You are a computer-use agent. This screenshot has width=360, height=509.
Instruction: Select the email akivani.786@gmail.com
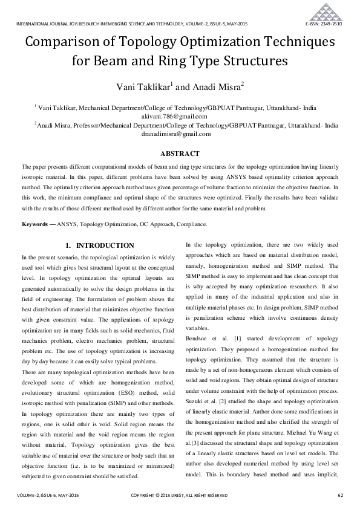180,116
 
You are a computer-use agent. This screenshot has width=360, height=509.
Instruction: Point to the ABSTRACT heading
180,154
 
